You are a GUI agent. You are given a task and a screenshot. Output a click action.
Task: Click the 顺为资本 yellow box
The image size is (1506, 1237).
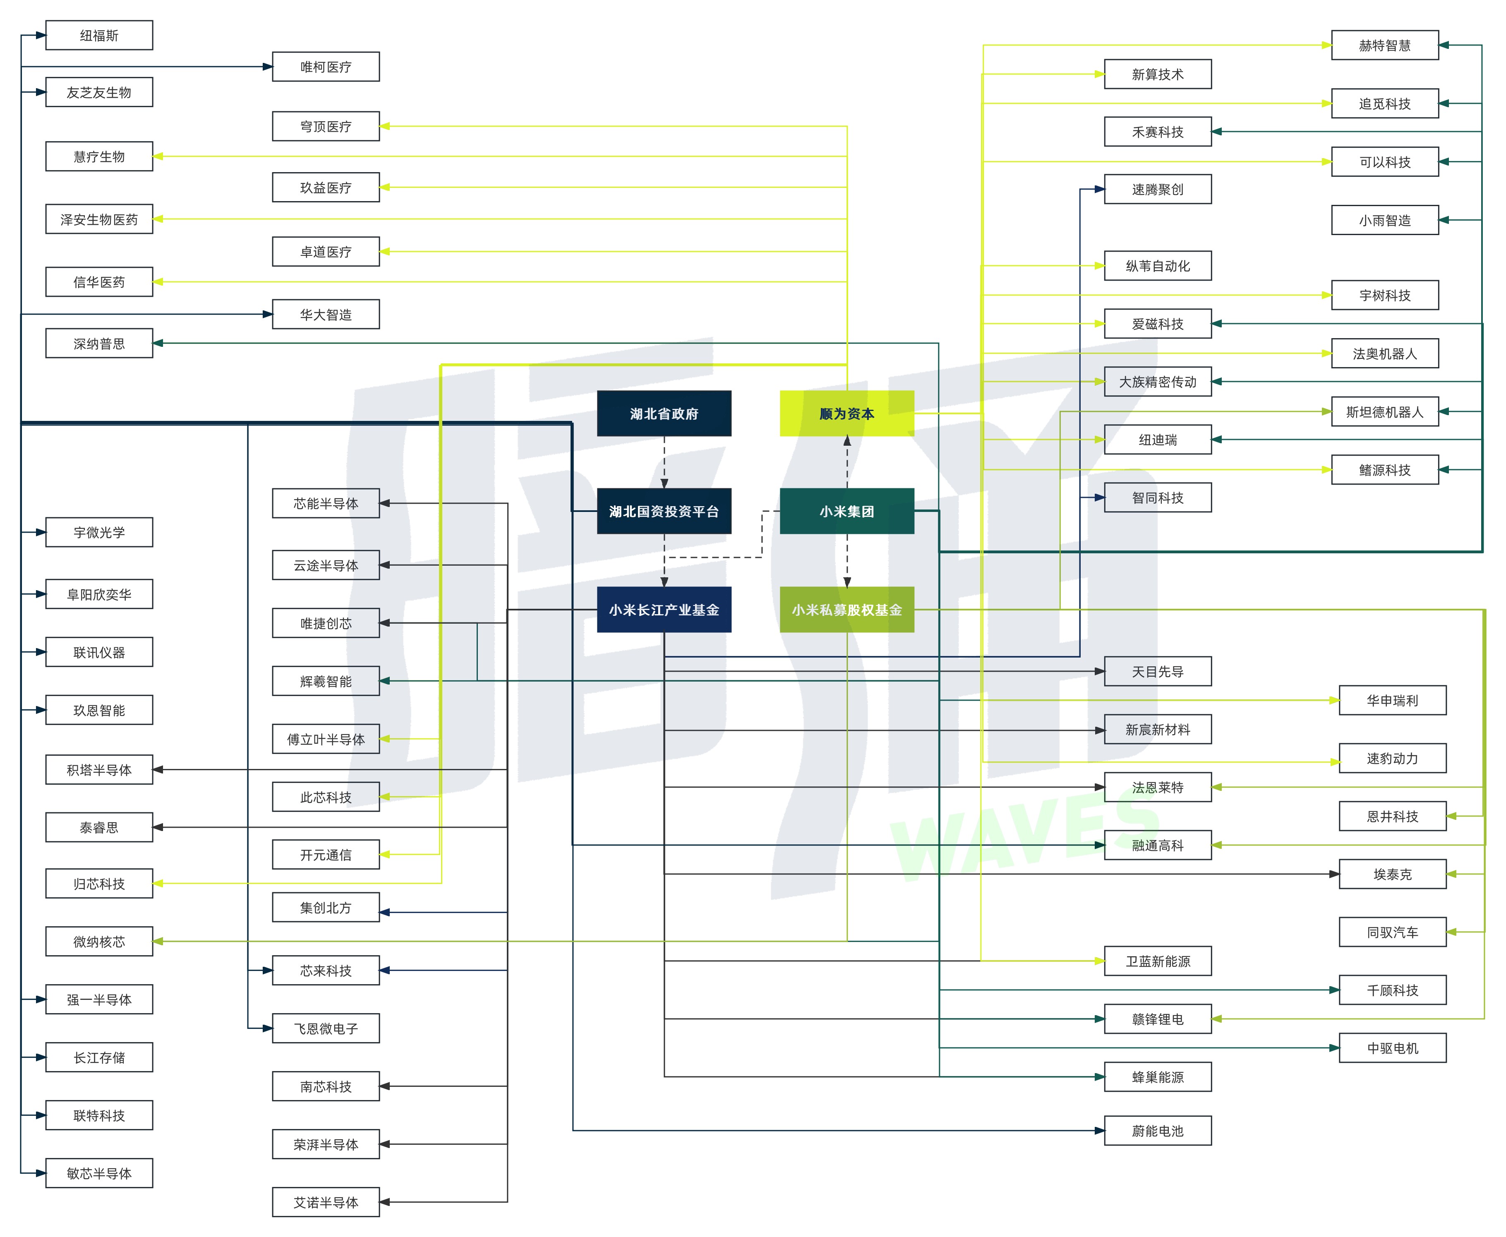click(847, 413)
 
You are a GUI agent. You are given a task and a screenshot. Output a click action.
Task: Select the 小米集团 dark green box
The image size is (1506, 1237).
click(847, 511)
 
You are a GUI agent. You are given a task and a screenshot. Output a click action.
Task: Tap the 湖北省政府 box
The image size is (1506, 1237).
click(664, 413)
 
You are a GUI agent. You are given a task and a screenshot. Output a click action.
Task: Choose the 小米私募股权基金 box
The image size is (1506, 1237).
click(847, 609)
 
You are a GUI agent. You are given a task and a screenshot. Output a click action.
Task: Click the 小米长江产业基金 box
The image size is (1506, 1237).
click(664, 609)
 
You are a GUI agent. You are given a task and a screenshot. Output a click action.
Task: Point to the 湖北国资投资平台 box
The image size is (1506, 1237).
click(664, 511)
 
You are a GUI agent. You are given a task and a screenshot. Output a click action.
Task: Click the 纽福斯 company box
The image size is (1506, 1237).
click(99, 35)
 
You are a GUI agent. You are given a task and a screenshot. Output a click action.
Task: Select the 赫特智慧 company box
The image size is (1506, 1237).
click(1384, 45)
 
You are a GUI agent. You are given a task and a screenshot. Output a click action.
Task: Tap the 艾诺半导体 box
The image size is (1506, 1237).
click(326, 1202)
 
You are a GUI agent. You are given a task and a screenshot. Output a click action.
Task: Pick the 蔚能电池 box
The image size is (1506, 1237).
click(1158, 1130)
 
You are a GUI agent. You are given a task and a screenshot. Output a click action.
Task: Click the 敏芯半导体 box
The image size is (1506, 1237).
click(99, 1173)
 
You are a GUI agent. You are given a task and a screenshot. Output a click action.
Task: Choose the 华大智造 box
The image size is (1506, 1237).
click(326, 314)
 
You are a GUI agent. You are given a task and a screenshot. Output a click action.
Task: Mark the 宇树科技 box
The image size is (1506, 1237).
click(1384, 295)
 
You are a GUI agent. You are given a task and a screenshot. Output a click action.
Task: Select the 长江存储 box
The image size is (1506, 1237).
click(99, 1057)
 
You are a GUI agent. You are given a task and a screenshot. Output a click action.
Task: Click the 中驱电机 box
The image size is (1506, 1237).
click(1392, 1047)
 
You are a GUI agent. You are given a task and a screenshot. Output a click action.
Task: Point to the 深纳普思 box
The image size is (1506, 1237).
click(99, 343)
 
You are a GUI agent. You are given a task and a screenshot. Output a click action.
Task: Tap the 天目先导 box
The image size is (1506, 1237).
click(1158, 671)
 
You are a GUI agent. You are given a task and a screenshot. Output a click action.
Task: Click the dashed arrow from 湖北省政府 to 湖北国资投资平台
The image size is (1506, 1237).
click(664, 462)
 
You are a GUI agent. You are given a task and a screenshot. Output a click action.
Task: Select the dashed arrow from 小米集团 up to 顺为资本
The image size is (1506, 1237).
click(847, 462)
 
